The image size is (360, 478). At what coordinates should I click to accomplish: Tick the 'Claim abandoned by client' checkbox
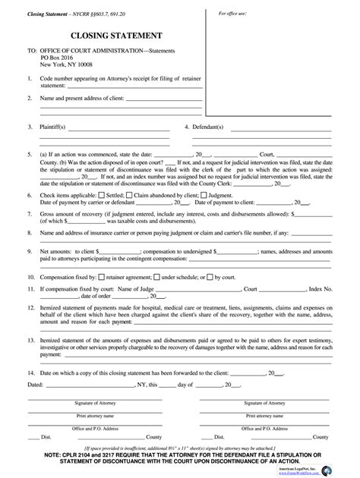130,174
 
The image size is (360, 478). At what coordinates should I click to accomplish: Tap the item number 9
28,228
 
